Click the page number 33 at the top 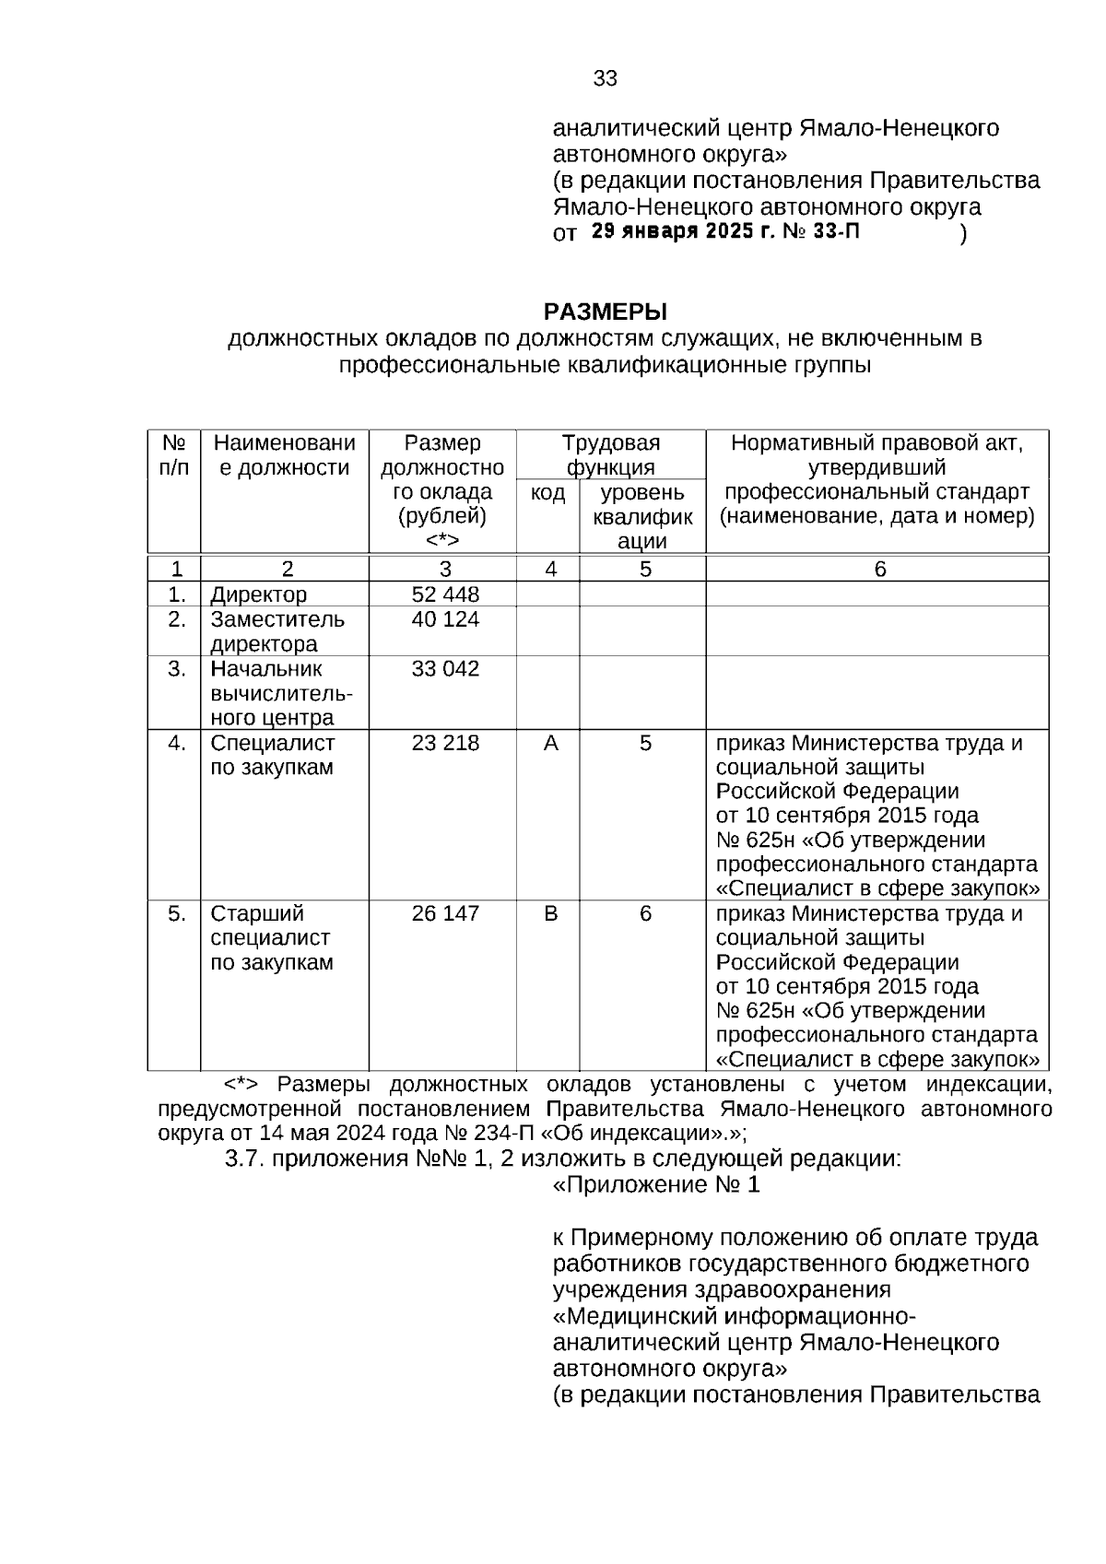605,79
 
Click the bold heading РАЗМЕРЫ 605,312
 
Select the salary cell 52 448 445,594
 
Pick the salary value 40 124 445,619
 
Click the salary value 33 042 445,669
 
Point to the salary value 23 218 445,743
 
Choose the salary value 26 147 445,913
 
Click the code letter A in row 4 550,743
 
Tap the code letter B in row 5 550,913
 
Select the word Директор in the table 258,595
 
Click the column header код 547,493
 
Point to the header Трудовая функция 610,455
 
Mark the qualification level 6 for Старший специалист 645,913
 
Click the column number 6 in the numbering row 879,570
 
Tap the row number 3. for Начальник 177,669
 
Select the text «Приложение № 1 656,1185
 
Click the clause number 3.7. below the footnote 245,1158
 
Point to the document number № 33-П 820,231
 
